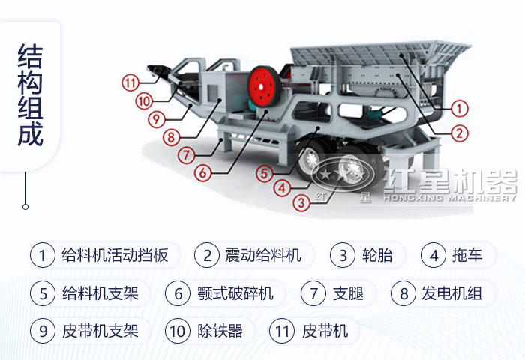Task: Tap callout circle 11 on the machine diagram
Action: coord(131,82)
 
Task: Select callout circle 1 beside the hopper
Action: coord(460,109)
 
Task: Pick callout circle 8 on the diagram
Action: coord(172,137)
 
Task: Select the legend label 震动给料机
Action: coord(262,255)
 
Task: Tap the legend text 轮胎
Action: coord(376,255)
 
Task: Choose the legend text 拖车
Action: coord(466,255)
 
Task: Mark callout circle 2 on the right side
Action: coord(460,133)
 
